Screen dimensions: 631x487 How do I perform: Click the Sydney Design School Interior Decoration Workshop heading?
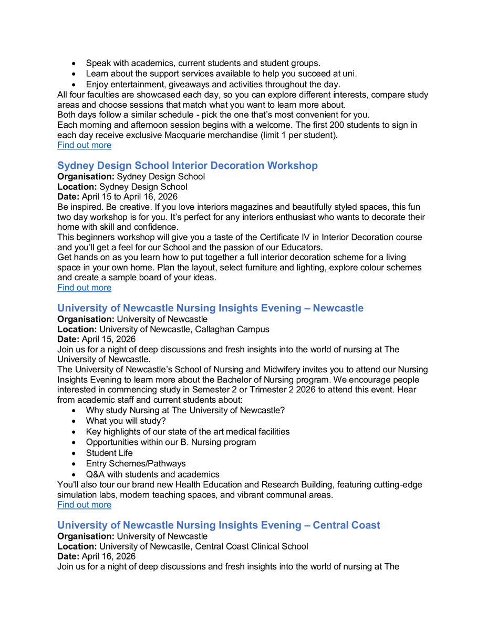coord(187,166)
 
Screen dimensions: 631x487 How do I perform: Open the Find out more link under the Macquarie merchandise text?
coord(84,145)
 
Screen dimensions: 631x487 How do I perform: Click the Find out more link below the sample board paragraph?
coord(84,288)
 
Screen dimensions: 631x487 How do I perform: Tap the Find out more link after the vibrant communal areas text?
coord(84,505)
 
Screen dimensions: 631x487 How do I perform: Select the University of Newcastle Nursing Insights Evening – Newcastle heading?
coord(210,308)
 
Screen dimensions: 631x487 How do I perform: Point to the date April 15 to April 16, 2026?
coord(130,197)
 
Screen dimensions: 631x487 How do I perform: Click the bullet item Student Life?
coord(109,453)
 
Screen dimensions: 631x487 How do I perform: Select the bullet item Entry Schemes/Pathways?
coord(136,464)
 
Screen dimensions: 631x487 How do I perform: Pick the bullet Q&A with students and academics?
coord(152,474)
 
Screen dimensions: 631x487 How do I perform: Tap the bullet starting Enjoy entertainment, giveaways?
coord(213,84)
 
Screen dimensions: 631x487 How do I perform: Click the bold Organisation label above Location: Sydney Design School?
coord(86,176)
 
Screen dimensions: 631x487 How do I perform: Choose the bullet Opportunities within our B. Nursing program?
coord(171,442)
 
